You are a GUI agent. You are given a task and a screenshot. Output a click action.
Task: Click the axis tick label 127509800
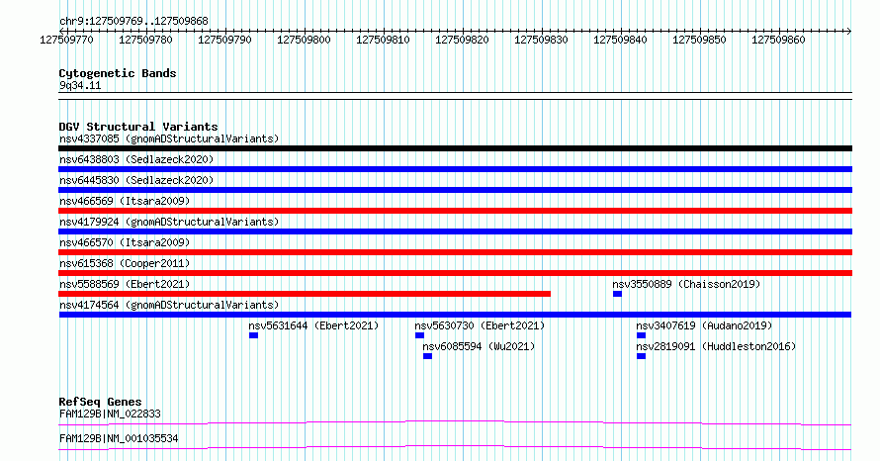click(304, 40)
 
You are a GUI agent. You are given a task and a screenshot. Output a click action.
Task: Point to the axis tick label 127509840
click(620, 40)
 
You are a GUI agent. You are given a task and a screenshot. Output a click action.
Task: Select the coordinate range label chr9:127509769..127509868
click(133, 22)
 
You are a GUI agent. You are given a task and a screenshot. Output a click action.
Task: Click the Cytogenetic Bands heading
click(118, 73)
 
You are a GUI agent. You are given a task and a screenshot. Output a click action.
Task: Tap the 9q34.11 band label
click(80, 85)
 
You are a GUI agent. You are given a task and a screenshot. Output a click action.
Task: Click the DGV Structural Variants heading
click(138, 127)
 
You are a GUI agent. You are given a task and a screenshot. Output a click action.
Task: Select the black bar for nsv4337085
click(455, 148)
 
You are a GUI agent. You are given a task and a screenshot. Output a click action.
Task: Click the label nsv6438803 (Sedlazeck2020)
click(136, 159)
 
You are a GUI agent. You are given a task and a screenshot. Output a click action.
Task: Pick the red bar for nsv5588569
click(305, 294)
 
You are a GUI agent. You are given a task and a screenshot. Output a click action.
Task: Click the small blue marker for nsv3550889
click(617, 294)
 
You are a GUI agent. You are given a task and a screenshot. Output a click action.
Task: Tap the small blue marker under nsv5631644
click(254, 335)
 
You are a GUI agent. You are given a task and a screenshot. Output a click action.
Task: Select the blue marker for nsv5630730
click(420, 335)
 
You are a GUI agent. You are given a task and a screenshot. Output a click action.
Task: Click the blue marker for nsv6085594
click(428, 356)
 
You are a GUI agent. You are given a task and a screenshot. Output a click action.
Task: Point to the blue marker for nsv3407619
click(641, 335)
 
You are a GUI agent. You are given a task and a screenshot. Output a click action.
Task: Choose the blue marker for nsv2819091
click(641, 356)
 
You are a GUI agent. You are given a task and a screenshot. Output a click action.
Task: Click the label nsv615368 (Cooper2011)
click(125, 263)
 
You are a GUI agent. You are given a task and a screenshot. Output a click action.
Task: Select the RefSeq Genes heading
click(101, 402)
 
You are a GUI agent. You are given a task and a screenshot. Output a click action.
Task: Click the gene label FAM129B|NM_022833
click(110, 414)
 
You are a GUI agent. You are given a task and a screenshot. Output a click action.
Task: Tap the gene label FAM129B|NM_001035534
click(119, 438)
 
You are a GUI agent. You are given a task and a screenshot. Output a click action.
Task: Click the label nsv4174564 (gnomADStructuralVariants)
click(169, 305)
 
